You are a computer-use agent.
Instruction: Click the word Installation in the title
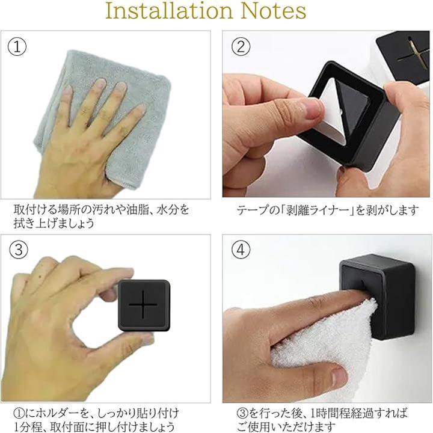pyautogui.click(x=169, y=11)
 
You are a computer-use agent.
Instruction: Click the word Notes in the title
pyautogui.click(x=274, y=11)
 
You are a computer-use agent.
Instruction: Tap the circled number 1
pyautogui.click(x=17, y=47)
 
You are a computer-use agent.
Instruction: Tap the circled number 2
pyautogui.click(x=241, y=47)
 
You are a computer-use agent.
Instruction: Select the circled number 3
pyautogui.click(x=19, y=250)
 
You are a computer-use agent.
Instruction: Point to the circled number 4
pyautogui.click(x=241, y=250)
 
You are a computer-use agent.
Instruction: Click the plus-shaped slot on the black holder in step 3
pyautogui.click(x=143, y=304)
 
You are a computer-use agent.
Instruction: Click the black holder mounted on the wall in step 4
pyautogui.click(x=377, y=297)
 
